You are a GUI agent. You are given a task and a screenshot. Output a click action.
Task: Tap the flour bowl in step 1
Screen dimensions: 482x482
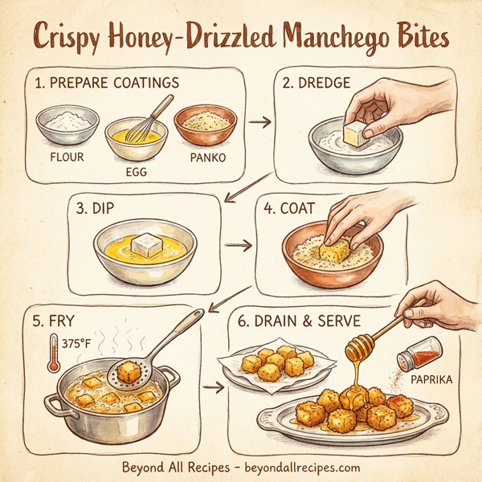(67, 124)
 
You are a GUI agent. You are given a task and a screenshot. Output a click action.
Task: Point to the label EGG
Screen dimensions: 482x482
(138, 171)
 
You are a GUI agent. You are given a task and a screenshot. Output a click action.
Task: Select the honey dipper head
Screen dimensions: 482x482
(358, 347)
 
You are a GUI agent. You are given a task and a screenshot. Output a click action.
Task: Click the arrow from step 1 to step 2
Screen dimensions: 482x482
(258, 123)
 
